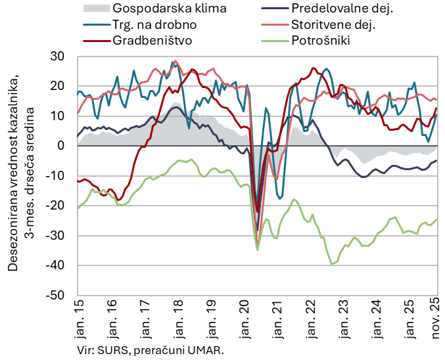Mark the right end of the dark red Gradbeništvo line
tap(437, 108)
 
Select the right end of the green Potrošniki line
tap(437, 220)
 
